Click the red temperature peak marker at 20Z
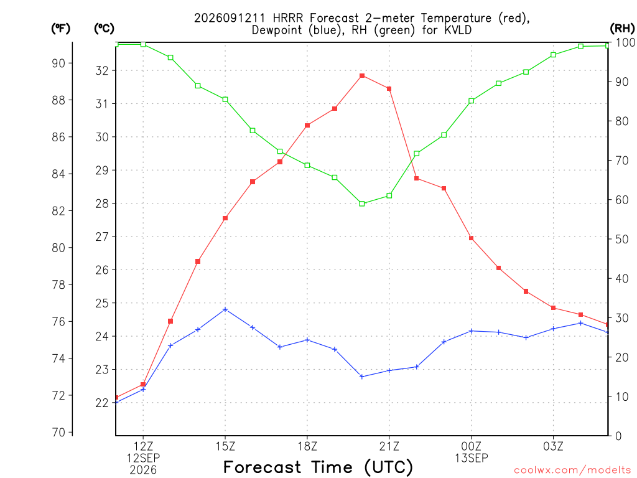coord(362,75)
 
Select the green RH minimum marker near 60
coord(362,204)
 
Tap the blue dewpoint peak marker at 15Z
coord(225,309)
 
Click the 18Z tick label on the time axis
coord(307,446)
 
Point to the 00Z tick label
coord(472,446)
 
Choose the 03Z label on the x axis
coord(553,446)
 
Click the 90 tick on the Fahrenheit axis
coord(58,63)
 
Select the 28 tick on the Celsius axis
coord(102,204)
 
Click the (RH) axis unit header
coord(622,28)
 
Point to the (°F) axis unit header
coord(60,29)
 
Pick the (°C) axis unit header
coord(104,29)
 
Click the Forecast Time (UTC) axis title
coord(318,467)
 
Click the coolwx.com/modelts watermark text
coord(572,470)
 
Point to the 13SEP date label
coord(472,458)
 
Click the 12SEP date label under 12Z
coord(143,458)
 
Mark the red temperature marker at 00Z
coord(472,238)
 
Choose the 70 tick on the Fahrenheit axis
coord(58,432)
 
